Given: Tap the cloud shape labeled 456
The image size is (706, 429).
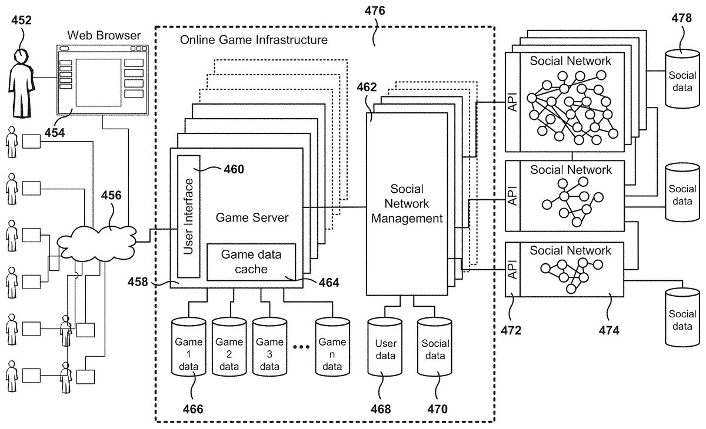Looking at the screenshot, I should (x=97, y=240).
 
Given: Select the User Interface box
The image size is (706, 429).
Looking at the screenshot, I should (x=189, y=216).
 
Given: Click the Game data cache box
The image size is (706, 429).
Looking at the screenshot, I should (x=251, y=262).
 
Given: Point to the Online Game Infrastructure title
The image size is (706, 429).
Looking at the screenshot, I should (x=254, y=41).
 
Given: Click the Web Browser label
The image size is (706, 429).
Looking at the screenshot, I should (x=104, y=35).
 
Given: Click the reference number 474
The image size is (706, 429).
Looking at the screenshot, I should (x=609, y=330).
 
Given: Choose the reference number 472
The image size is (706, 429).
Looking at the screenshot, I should (x=511, y=330).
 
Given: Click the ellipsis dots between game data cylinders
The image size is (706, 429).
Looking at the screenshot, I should (x=301, y=347).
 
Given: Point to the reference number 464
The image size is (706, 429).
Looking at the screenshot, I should (x=329, y=282).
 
